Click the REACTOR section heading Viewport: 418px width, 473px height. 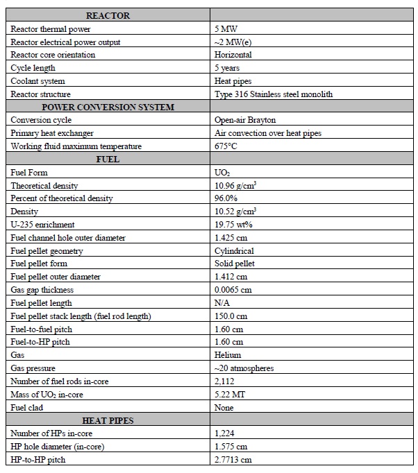(x=108, y=16)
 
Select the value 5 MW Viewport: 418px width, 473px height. (x=226, y=29)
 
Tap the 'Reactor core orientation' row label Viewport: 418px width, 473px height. (x=53, y=55)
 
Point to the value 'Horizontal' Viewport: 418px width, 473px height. (x=233, y=55)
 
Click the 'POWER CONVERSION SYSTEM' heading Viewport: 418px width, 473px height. (x=108, y=108)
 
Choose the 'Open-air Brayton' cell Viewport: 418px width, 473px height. (x=245, y=120)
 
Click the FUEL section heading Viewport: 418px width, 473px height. (x=108, y=160)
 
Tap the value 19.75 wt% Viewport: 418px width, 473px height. (x=233, y=225)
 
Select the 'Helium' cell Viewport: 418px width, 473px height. (x=228, y=355)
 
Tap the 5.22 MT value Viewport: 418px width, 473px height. (x=229, y=395)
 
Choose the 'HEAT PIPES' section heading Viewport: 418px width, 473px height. (x=108, y=420)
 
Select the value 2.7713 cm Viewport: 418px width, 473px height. (x=233, y=460)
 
